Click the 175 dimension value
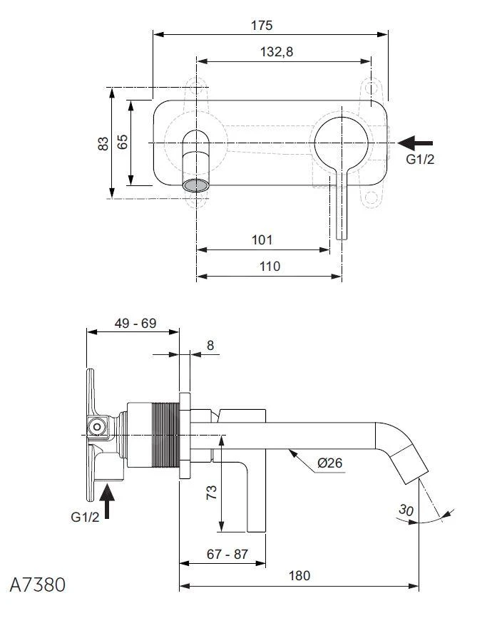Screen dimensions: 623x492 pyautogui.click(x=262, y=26)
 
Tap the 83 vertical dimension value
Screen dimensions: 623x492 pyautogui.click(x=104, y=143)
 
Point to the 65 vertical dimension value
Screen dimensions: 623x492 pyautogui.click(x=123, y=141)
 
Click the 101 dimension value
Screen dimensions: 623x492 pyautogui.click(x=262, y=240)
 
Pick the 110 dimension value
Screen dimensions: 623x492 pyautogui.click(x=270, y=266)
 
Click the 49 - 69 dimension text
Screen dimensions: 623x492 pyautogui.click(x=135, y=323)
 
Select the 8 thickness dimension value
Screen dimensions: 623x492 pyautogui.click(x=210, y=346)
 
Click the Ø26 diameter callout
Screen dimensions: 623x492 pyautogui.click(x=329, y=463)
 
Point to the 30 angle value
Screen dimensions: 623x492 pyautogui.click(x=407, y=511)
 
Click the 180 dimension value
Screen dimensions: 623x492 pyautogui.click(x=300, y=576)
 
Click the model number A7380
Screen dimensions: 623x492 pyautogui.click(x=37, y=585)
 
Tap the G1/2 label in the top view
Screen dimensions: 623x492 pyautogui.click(x=420, y=160)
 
